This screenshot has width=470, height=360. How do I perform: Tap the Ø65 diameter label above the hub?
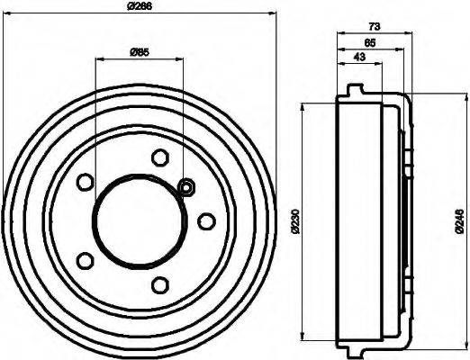(139, 51)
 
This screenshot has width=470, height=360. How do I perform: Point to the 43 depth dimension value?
(359, 57)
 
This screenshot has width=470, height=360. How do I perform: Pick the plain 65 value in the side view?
(370, 42)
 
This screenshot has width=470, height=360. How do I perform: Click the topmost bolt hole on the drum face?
(161, 157)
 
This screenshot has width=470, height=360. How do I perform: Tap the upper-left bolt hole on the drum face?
(86, 182)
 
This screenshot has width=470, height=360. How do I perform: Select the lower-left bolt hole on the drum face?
(86, 260)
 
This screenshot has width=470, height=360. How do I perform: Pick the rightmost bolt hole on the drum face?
(206, 220)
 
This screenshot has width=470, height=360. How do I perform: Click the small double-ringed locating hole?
(187, 187)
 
